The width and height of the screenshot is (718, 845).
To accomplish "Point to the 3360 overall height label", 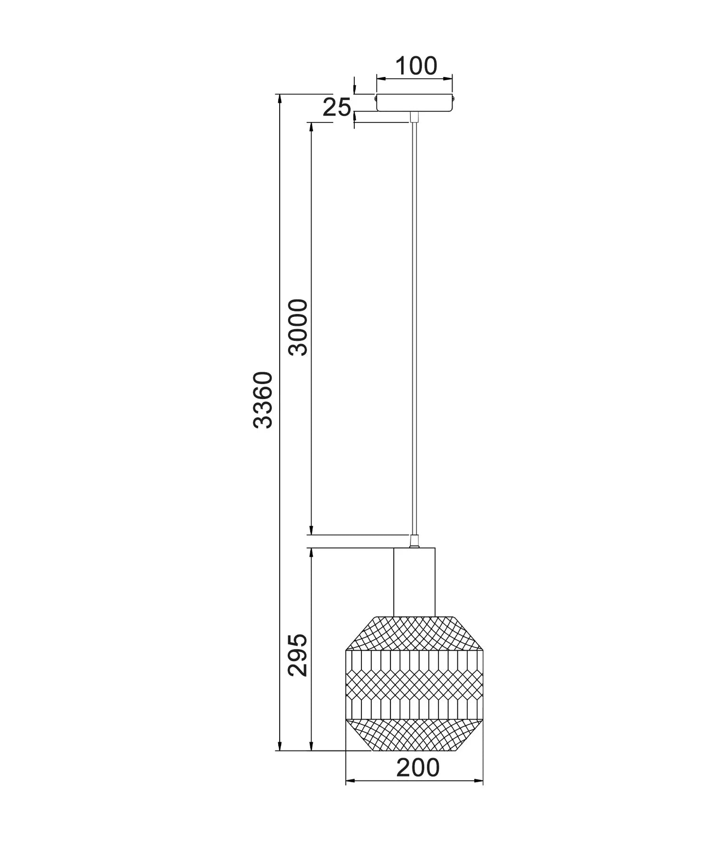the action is tap(263, 400).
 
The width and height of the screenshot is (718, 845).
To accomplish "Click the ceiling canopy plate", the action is tap(414, 103).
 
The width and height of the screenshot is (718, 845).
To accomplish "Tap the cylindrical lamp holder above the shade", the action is tap(414, 582).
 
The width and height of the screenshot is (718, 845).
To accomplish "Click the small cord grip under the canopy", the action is tap(414, 117).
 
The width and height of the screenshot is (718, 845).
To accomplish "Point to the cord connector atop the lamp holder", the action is tap(414, 541).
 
